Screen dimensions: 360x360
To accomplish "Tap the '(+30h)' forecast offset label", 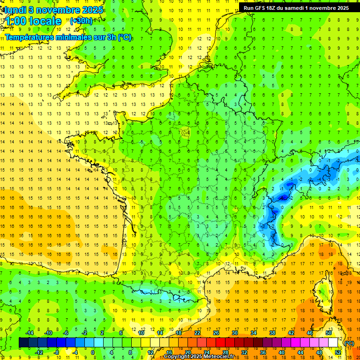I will (81, 21).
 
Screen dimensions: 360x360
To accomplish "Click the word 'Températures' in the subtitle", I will (29, 37).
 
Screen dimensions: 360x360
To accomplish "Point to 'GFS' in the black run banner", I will (262, 8).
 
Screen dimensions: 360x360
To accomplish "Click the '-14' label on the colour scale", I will (30, 333).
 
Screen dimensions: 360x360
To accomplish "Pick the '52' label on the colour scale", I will (337, 352).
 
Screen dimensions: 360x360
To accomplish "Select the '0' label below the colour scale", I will (93, 352).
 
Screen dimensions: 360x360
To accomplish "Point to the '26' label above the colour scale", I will (216, 333).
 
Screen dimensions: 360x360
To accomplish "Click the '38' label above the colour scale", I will (272, 333).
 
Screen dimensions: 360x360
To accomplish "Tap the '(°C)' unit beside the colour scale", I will (349, 343).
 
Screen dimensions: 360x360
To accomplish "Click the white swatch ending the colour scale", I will (333, 343).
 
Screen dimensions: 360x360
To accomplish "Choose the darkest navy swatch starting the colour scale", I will (23, 343).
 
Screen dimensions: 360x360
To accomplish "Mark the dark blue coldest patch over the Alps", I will (283, 198).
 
